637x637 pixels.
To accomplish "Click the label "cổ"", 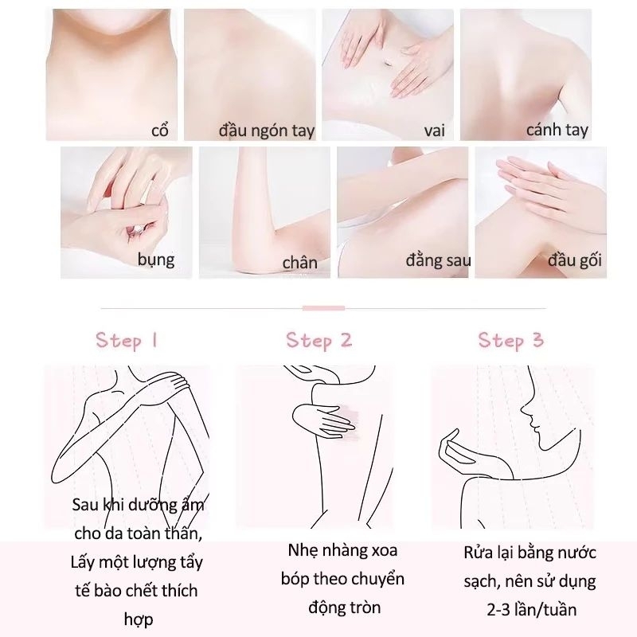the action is (160, 130).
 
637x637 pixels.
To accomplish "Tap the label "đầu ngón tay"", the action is (267, 131).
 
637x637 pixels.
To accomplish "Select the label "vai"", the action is (434, 131).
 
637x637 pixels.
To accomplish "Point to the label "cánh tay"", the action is (557, 130).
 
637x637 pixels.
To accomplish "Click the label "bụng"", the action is (156, 260).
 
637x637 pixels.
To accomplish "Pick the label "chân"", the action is (300, 263).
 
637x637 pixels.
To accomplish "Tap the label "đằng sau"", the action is (438, 260).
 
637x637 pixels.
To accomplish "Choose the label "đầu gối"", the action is (574, 260).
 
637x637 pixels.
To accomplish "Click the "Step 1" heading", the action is (127, 341).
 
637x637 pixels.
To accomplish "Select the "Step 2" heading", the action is (319, 341).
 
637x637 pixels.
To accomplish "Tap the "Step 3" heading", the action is (510, 341).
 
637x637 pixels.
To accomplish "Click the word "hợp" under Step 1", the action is (139, 619).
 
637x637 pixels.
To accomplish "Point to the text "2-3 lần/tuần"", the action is (531, 610).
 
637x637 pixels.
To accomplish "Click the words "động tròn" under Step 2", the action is (345, 608).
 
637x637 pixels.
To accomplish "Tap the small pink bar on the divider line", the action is (323, 308).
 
